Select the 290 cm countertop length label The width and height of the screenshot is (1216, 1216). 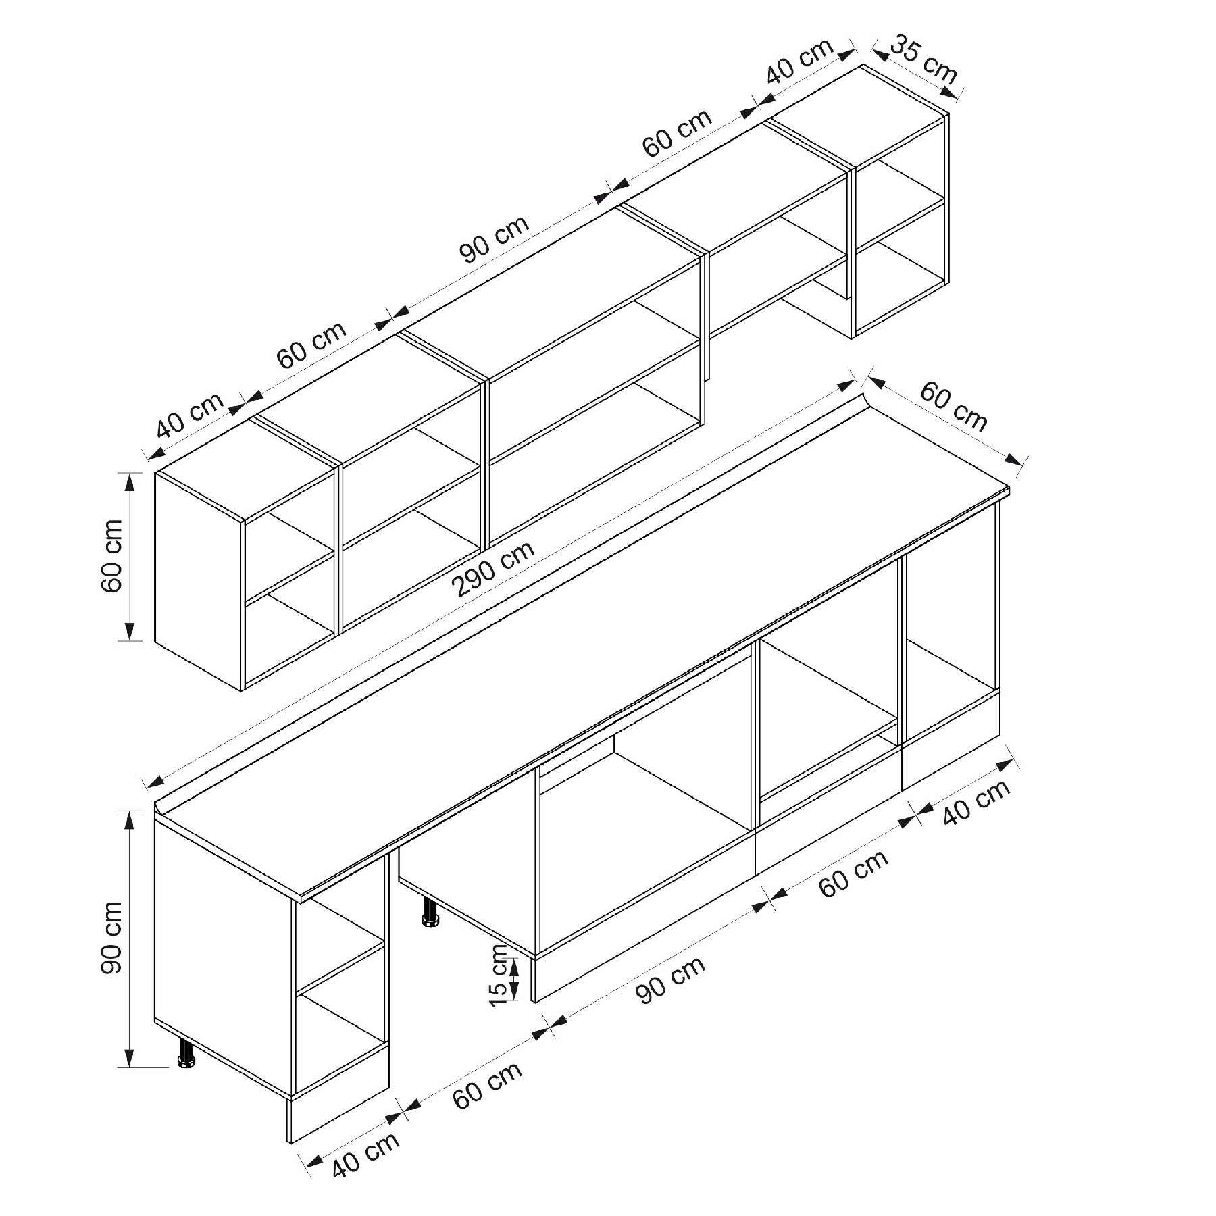click(495, 569)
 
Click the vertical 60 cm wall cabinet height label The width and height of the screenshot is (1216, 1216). click(111, 555)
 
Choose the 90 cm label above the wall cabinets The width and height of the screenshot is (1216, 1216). click(495, 238)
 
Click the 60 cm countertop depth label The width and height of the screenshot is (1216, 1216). click(953, 407)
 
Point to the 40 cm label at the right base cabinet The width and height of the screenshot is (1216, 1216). click(976, 802)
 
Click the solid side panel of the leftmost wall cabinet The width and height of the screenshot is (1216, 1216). click(199, 581)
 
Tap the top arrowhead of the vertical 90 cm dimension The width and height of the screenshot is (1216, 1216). click(130, 818)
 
